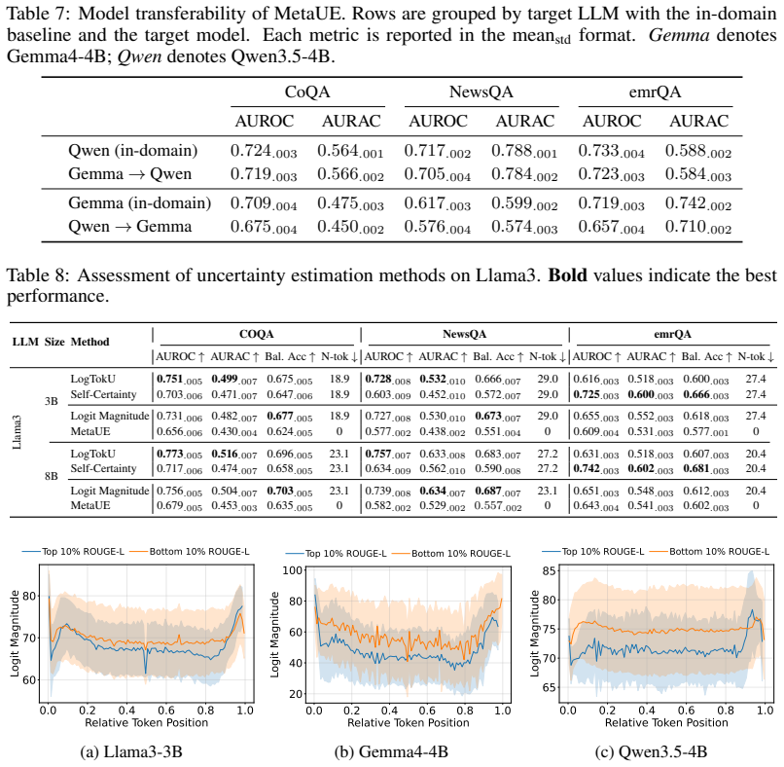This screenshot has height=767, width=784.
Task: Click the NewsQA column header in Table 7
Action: pos(481,92)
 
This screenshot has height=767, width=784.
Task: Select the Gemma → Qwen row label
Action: pos(130,173)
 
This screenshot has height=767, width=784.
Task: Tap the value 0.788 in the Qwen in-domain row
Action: pos(524,151)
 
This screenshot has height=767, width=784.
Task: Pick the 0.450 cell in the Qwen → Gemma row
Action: pos(350,227)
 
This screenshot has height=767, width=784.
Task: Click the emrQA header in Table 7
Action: pos(655,92)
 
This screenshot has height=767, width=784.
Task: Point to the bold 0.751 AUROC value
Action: pos(180,380)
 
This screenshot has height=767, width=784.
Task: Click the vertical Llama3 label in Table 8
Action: pos(17,432)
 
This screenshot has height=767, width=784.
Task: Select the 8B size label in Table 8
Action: pos(51,476)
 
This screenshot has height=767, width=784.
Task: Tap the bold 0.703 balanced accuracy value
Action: pos(290,491)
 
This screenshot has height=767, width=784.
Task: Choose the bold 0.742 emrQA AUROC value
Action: pos(596,469)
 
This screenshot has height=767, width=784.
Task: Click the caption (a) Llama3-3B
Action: pos(131,751)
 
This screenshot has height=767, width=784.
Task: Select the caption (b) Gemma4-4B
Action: pos(391,751)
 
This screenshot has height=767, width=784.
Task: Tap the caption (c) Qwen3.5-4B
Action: pos(651,751)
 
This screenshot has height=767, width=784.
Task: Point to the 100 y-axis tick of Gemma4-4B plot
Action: pos(293,570)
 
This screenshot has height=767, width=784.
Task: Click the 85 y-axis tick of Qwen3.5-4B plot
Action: pos(549,570)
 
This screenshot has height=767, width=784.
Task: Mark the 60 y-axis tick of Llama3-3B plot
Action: pos(29,679)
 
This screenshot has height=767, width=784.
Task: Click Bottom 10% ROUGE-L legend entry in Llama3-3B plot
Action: pos(190,551)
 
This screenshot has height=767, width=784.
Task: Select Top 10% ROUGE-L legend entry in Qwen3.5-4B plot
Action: pos(593,551)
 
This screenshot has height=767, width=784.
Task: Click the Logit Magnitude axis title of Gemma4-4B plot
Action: pos(274,635)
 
